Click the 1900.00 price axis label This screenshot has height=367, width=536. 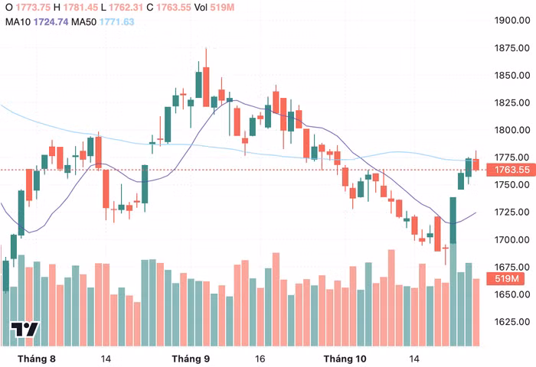click(x=512, y=20)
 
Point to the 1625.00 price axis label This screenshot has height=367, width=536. click(x=512, y=322)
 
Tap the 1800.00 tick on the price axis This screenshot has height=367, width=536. click(x=512, y=130)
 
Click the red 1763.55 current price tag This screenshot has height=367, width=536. click(x=511, y=170)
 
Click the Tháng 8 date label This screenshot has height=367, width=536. click(x=37, y=359)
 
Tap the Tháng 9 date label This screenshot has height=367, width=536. click(x=191, y=359)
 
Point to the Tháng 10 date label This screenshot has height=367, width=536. click(x=345, y=359)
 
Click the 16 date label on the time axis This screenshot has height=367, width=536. click(x=260, y=359)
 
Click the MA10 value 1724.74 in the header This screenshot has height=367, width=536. click(x=51, y=22)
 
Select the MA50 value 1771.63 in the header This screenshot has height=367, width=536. click(x=117, y=22)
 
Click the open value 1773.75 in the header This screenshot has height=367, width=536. click(x=33, y=7)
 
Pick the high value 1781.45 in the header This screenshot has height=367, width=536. click(x=80, y=7)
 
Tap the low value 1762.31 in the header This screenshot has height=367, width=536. click(x=126, y=7)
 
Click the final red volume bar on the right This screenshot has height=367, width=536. click(x=476, y=313)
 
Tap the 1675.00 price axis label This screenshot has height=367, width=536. click(x=512, y=267)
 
